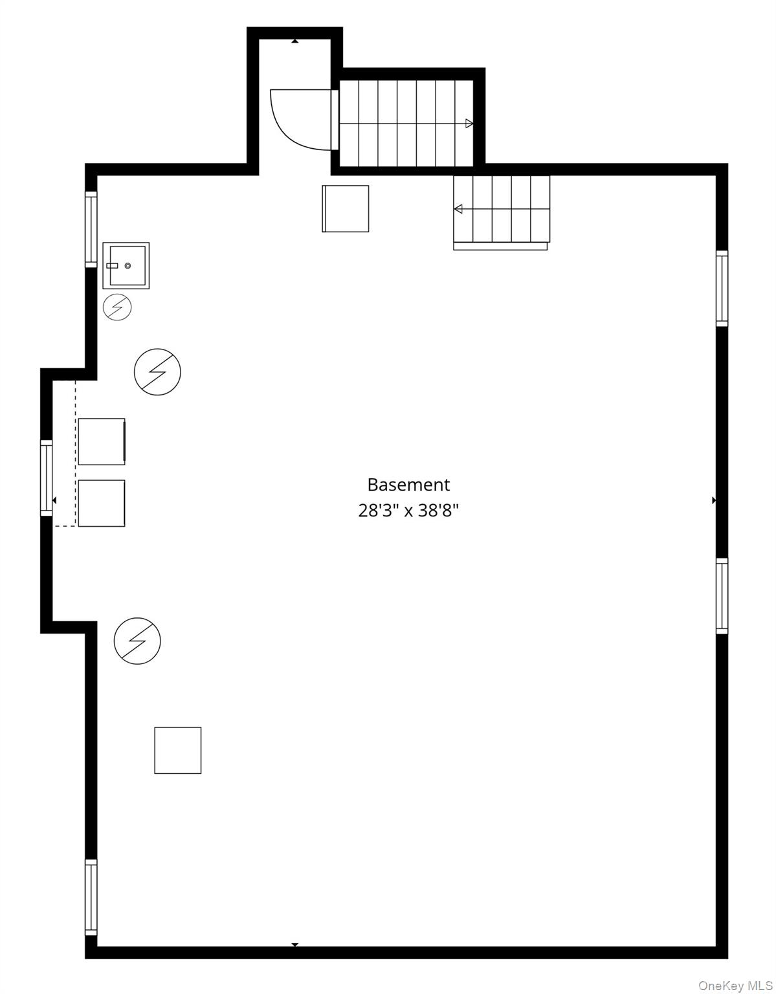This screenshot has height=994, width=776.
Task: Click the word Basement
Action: pyautogui.click(x=408, y=485)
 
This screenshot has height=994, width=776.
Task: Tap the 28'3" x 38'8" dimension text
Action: pyautogui.click(x=408, y=511)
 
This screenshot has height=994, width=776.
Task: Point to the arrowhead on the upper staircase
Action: pyautogui.click(x=469, y=123)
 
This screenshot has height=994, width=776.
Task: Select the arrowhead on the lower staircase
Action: pyautogui.click(x=458, y=209)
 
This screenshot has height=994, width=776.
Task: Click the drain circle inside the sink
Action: pyautogui.click(x=128, y=265)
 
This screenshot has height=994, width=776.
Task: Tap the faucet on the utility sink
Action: pyautogui.click(x=112, y=265)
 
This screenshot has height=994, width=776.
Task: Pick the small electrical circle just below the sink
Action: pyautogui.click(x=118, y=307)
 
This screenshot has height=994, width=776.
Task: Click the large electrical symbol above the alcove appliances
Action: pyautogui.click(x=157, y=372)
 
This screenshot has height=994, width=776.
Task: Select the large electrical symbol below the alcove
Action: pyautogui.click(x=137, y=641)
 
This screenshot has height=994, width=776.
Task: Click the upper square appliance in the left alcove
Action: pyautogui.click(x=102, y=441)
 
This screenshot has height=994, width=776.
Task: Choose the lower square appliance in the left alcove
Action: pyautogui.click(x=102, y=503)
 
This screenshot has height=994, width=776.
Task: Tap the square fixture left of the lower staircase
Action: pyautogui.click(x=345, y=208)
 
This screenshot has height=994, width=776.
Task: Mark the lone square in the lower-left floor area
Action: pyautogui.click(x=178, y=750)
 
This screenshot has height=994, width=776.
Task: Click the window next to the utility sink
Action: pyautogui.click(x=91, y=229)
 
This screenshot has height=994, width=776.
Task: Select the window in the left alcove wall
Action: pyautogui.click(x=46, y=478)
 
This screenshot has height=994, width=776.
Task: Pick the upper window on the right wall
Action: pyautogui.click(x=722, y=289)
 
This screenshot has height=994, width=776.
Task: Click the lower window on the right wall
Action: pyautogui.click(x=722, y=596)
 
